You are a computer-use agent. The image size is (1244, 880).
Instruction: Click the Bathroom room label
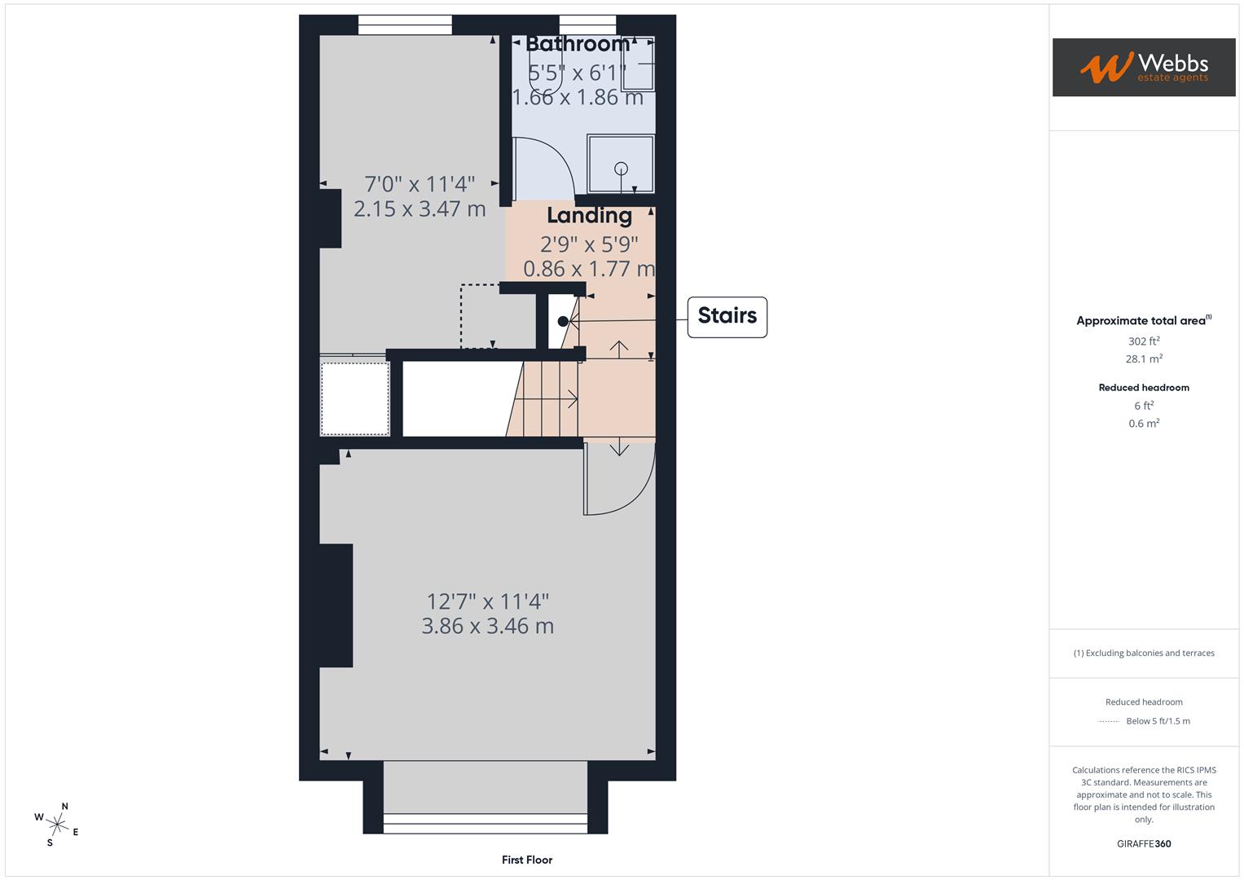coord(578,44)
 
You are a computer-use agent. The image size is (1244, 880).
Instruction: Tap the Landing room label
coord(589,216)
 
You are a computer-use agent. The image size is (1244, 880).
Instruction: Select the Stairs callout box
coord(727,316)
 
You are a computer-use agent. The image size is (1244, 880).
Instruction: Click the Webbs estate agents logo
coord(1143,68)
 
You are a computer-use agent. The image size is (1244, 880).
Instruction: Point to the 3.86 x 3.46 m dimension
coord(487,627)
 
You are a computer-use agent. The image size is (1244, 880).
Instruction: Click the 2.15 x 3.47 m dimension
coord(420,209)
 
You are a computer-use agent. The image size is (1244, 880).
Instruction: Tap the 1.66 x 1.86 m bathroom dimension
coord(578,98)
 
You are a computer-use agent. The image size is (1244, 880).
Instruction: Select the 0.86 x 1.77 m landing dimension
coord(589,269)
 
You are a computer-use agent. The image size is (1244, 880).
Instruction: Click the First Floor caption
coord(527,860)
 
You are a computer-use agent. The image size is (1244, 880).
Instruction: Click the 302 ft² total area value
coord(1144,341)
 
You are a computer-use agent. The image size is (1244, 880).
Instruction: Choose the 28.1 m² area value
coord(1144,359)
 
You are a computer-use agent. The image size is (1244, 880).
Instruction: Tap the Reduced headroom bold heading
coord(1144,388)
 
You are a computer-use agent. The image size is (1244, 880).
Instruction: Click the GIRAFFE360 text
coord(1144,844)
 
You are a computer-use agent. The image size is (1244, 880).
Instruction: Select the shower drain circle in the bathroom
coord(621,169)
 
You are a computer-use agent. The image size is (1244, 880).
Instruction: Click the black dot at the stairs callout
coord(562,322)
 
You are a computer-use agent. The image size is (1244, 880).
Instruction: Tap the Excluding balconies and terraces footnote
coord(1144,653)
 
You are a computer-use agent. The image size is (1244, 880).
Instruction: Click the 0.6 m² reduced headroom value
coord(1144,424)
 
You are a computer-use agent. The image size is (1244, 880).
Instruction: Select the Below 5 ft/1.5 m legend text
coord(1158,721)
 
